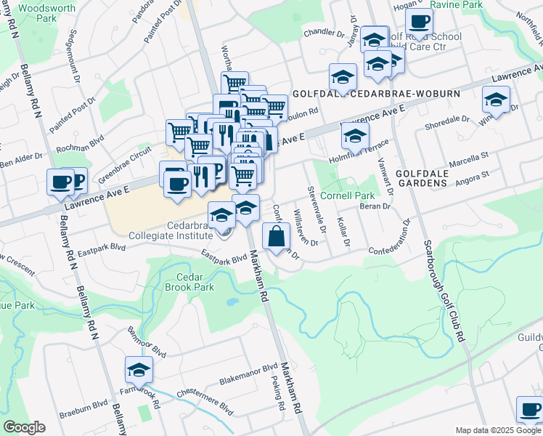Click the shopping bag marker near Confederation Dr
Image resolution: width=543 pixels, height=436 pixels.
pyautogui.click(x=276, y=237)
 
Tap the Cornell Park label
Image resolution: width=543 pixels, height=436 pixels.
pyautogui.click(x=348, y=195)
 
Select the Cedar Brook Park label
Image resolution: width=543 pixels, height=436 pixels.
pyautogui.click(x=195, y=282)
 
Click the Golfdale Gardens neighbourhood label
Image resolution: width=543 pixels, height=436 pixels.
pyautogui.click(x=431, y=177)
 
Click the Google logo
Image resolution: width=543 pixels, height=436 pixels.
pyautogui.click(x=24, y=427)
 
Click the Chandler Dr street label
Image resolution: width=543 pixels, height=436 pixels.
pyautogui.click(x=324, y=32)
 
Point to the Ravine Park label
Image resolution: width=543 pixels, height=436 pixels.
pyautogui.click(x=456, y=4)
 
